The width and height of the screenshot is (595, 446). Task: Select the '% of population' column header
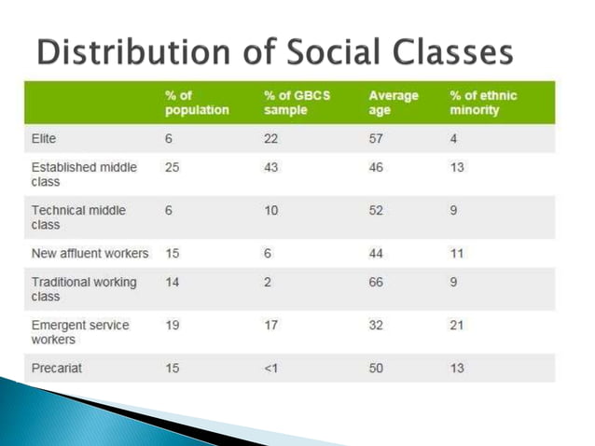coord(197,103)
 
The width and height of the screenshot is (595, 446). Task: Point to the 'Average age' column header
coord(394,103)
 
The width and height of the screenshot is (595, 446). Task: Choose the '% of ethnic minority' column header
coord(483,103)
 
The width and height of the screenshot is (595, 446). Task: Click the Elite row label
coord(45,138)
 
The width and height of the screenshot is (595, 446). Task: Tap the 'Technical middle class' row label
coord(78,217)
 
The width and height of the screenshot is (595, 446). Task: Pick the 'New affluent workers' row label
coord(90,253)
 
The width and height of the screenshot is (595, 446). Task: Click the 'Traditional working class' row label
coord(84,288)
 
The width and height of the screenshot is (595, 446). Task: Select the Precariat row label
coord(57,368)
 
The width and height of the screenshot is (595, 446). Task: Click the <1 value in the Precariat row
coord(272,368)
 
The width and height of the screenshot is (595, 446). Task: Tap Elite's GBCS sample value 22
coord(271,138)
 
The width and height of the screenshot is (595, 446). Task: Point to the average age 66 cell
coord(376,282)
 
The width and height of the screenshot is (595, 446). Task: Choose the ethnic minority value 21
coord(457,325)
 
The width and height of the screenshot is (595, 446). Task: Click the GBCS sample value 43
coord(271,167)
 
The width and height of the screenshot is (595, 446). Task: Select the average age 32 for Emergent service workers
coord(376,325)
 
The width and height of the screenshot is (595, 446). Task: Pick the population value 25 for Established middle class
coord(173,167)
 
